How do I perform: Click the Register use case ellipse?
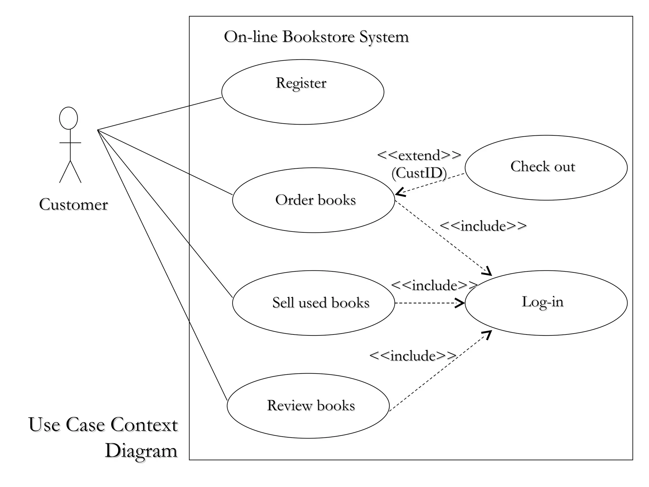303,92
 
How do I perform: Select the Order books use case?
314,200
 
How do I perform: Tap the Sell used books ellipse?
314,303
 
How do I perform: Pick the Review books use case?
308,406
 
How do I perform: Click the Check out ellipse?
546,168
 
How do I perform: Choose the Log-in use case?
546,303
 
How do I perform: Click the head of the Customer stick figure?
68,118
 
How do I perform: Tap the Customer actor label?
74,205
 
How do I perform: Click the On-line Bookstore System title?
316,37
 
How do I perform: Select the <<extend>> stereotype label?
419,155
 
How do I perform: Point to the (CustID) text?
419,173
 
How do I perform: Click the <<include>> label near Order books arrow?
483,226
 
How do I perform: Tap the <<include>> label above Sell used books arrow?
434,285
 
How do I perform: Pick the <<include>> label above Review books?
413,356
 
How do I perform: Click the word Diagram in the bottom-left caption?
141,451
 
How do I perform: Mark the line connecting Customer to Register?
158,114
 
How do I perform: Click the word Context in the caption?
144,425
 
